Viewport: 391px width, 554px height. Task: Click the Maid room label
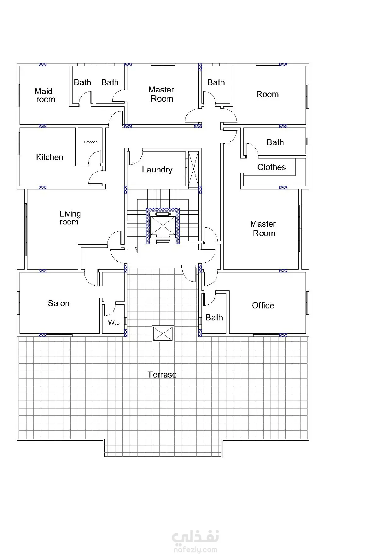point(45,95)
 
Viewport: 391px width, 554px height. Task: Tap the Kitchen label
point(50,157)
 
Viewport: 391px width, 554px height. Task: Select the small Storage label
point(91,142)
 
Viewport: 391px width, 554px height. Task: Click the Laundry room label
point(157,170)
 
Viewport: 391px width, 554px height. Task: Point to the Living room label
point(70,218)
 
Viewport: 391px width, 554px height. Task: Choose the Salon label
point(59,303)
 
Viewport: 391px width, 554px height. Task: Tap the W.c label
point(114,323)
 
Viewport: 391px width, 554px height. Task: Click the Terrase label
point(162,375)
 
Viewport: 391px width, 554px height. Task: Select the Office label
point(263,305)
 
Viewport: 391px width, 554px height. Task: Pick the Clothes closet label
point(271,167)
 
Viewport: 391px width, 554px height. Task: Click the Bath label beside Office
point(214,317)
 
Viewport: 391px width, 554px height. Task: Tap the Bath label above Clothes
point(275,142)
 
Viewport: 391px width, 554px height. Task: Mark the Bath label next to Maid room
point(82,82)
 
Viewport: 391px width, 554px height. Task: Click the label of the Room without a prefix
point(267,94)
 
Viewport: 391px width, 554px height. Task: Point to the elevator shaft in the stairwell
point(163,226)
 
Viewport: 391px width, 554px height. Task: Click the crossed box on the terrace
point(163,334)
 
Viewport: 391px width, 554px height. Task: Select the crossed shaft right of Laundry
point(194,170)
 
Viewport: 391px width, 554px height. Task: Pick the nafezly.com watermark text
point(195,550)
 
